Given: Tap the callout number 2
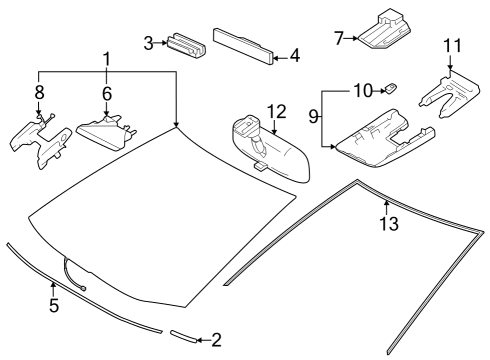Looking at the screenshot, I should click(x=216, y=340).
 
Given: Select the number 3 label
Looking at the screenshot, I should click(x=148, y=43).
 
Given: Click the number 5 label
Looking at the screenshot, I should click(x=54, y=304).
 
